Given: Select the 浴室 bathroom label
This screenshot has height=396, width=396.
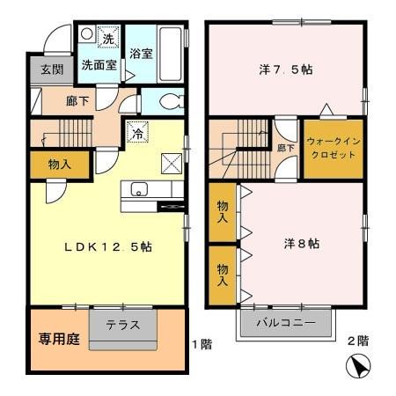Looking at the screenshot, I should pyautogui.click(x=141, y=53).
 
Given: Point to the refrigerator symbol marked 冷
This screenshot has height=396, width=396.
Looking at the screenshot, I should pyautogui.click(x=138, y=134).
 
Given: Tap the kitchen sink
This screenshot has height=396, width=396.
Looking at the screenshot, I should pyautogui.click(x=139, y=190).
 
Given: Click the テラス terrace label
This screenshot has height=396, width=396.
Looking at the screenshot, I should pyautogui.click(x=124, y=324).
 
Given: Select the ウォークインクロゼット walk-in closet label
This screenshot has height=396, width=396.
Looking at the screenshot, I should pyautogui.click(x=332, y=148).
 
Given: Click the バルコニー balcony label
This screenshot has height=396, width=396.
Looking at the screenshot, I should pyautogui.click(x=286, y=323).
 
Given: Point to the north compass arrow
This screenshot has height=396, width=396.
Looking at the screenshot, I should pyautogui.click(x=358, y=367).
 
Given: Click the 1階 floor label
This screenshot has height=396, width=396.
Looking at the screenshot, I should pyautogui.click(x=202, y=344).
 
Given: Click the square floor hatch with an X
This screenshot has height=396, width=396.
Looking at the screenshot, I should pyautogui.click(x=172, y=162).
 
